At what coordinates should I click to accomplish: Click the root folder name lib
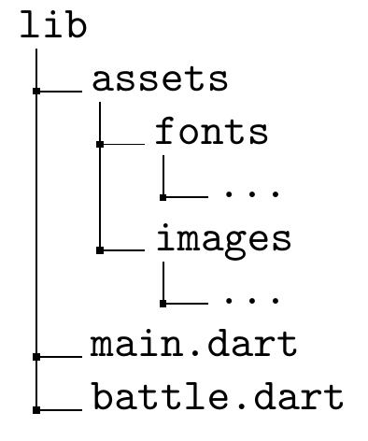point(52,26)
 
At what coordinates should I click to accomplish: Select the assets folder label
point(160,80)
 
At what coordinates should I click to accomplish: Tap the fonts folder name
point(212,133)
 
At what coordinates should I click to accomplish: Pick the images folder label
point(223,239)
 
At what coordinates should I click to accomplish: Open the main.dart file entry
point(193,345)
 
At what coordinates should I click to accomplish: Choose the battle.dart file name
point(217,398)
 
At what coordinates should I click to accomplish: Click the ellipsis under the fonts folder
point(252,194)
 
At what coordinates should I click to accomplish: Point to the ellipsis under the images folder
point(252,300)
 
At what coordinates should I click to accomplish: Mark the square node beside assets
point(35,92)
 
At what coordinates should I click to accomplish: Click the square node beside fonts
point(99,145)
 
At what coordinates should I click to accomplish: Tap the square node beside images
point(99,250)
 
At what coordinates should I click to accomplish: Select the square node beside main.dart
point(35,356)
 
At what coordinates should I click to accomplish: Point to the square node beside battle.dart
point(35,409)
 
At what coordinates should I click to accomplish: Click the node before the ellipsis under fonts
point(163,197)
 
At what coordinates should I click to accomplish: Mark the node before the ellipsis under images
point(163,304)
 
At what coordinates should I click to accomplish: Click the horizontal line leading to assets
point(61,92)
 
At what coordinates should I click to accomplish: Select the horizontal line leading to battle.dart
point(61,409)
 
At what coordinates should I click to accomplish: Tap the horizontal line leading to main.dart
point(61,356)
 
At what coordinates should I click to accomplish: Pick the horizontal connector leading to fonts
point(124,145)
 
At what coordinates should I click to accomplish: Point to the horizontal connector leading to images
point(124,250)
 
